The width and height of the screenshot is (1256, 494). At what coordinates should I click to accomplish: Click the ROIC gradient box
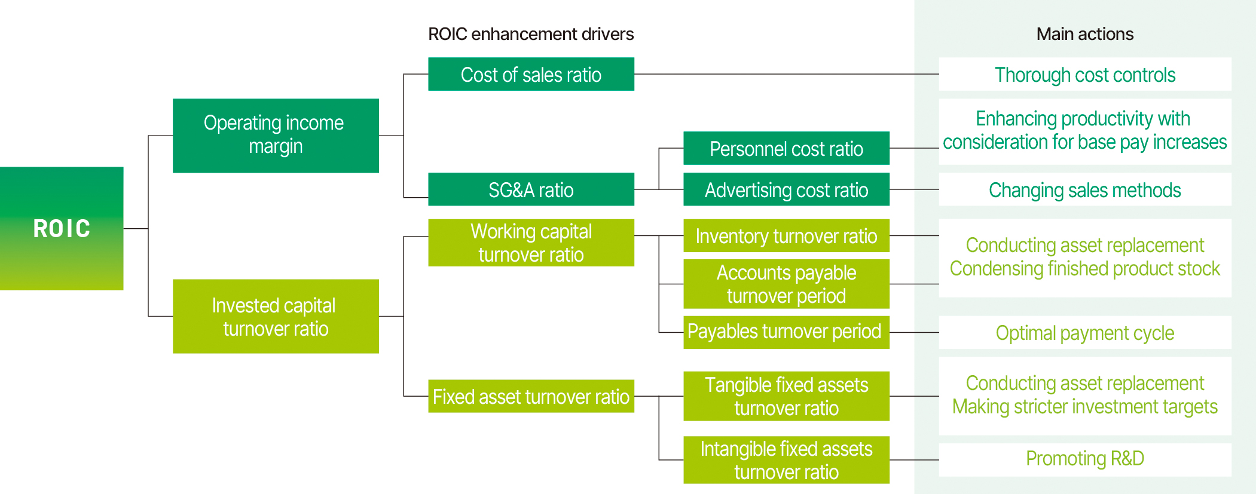click(x=62, y=228)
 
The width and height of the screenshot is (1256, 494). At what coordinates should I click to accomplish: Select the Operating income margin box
click(x=276, y=136)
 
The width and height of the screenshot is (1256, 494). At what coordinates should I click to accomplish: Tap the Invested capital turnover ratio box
click(x=276, y=316)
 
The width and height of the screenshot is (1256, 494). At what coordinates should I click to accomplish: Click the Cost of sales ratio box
click(x=531, y=74)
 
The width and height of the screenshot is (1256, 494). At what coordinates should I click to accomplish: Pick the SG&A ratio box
click(x=531, y=189)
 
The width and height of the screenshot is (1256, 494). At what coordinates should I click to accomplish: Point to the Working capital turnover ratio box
click(x=531, y=243)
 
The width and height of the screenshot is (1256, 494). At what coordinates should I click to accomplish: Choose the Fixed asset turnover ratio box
click(x=531, y=396)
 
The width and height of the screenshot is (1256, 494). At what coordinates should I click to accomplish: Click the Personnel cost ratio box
click(x=786, y=148)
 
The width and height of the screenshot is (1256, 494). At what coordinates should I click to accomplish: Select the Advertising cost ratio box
click(x=786, y=189)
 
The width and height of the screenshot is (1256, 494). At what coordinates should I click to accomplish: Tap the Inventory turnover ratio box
click(x=786, y=236)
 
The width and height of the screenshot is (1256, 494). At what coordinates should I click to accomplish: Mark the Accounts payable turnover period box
click(x=786, y=284)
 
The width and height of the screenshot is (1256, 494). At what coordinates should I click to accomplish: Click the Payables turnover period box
click(x=786, y=332)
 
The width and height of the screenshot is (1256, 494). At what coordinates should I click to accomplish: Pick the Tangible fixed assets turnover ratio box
click(x=786, y=396)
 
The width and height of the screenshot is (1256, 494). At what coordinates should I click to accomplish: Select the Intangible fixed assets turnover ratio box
click(x=786, y=460)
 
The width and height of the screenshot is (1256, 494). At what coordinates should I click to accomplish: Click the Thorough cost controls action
click(x=1084, y=74)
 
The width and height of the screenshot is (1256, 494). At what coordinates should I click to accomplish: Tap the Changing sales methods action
click(x=1084, y=189)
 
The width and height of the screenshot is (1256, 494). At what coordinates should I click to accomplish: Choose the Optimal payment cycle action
click(x=1084, y=332)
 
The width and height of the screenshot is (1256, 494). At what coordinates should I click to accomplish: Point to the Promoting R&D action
click(x=1084, y=459)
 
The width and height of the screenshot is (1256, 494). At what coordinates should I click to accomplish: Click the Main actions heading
click(x=1084, y=34)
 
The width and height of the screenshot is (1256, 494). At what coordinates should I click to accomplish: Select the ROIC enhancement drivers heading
click(x=531, y=34)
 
